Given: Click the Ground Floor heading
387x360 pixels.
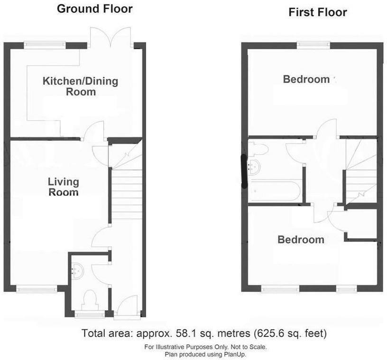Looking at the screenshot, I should coord(94,9).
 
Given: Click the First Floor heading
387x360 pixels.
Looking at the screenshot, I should coord(317,12).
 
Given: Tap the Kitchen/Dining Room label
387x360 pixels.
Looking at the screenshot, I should coord(80,86).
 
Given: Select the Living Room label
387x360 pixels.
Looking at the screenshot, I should coord(63,187).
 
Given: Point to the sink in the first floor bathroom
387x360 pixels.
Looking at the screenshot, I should coord(254,166).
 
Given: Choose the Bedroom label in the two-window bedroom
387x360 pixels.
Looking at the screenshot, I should coord(301,240).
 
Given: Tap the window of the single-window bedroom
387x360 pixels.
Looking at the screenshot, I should coord(313,45).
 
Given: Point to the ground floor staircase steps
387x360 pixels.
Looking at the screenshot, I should coord(126,194).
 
